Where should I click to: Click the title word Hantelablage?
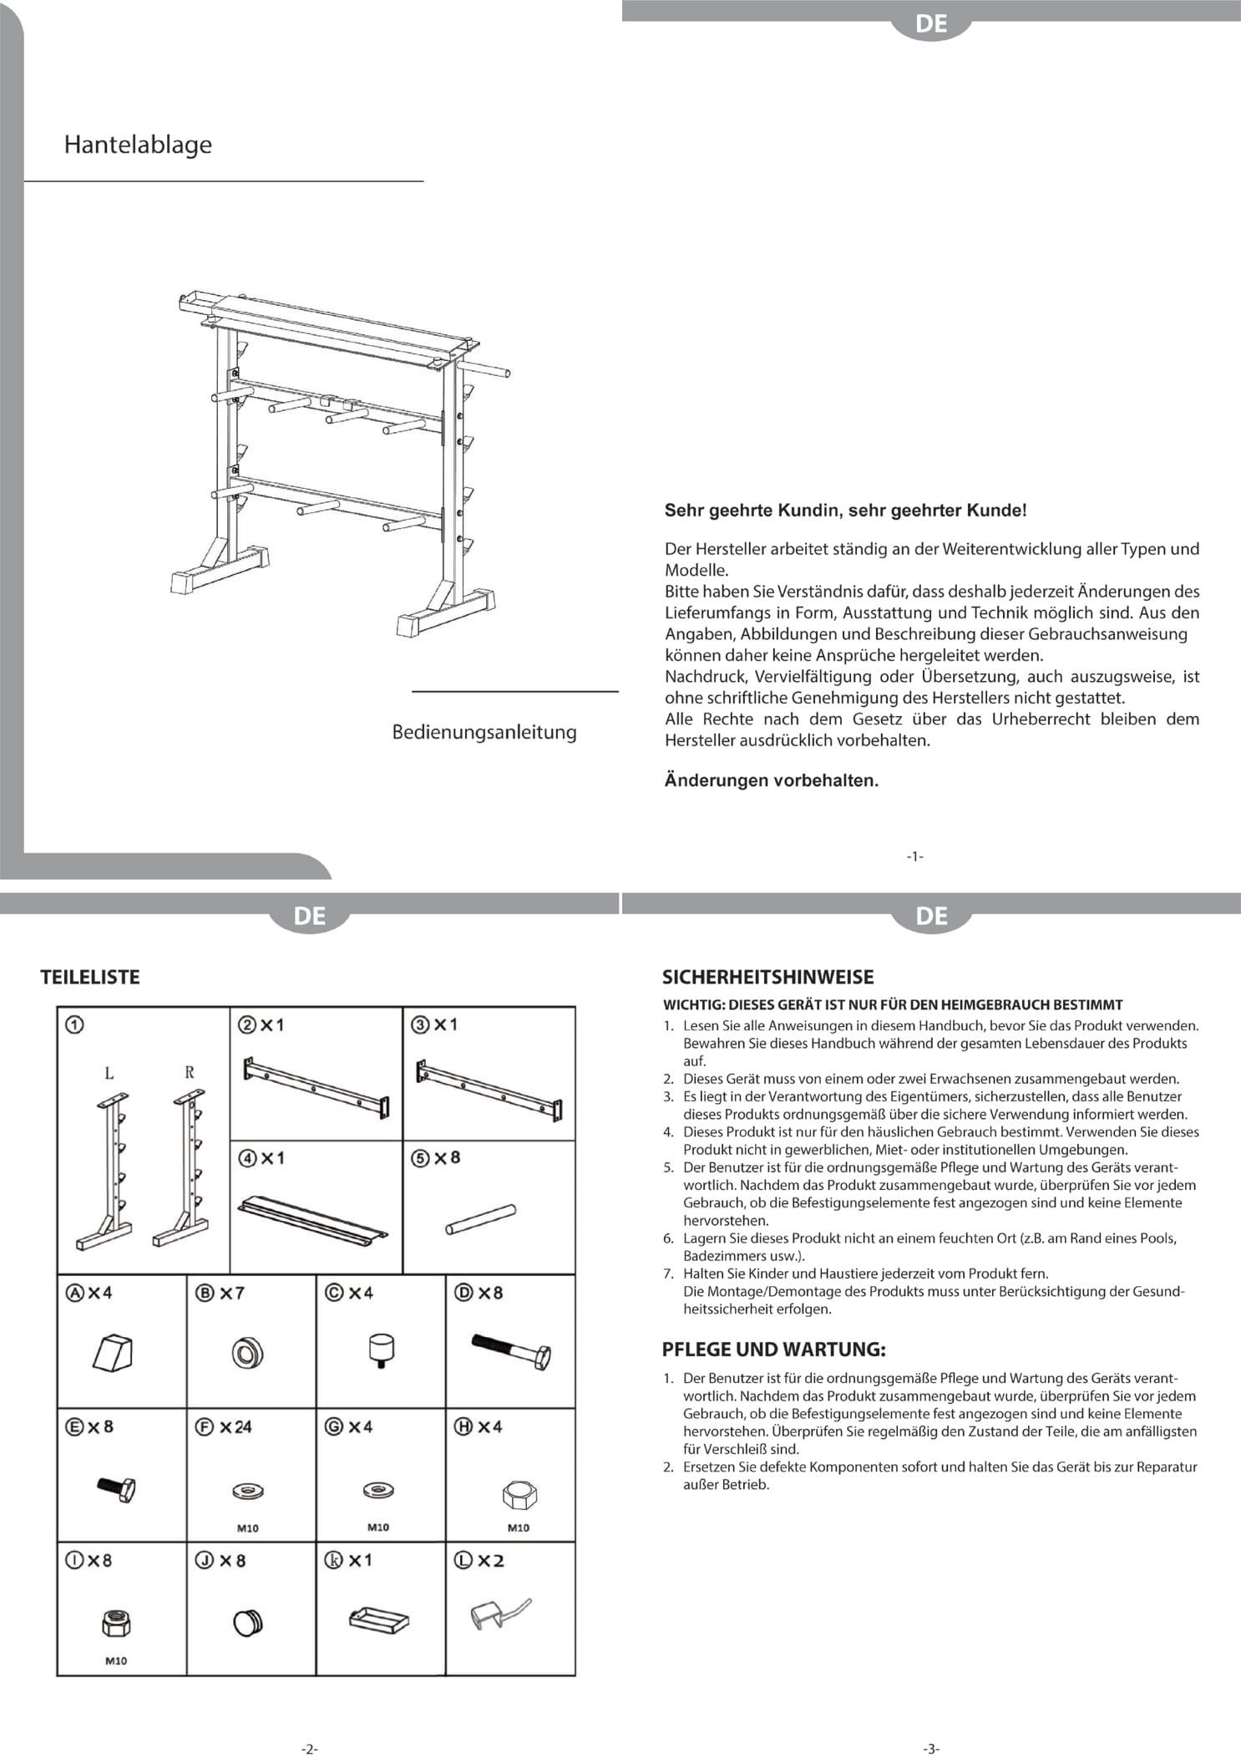138,145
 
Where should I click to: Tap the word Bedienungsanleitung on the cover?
484,732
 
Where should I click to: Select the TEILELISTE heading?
90,977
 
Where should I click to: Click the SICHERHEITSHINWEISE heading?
767,977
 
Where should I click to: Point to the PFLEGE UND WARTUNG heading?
773,1349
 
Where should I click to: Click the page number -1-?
914,856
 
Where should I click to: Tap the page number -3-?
931,1748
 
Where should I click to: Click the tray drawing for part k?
378,1619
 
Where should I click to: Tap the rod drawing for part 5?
480,1218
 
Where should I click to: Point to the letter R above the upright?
190,1072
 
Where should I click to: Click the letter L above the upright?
109,1073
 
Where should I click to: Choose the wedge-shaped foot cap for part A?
113,1352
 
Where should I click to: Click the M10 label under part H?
518,1528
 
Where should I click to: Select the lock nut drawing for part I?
117,1624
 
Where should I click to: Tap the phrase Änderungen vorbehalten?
771,780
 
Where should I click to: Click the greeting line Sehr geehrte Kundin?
844,510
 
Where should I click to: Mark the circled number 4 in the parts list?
246,1158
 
